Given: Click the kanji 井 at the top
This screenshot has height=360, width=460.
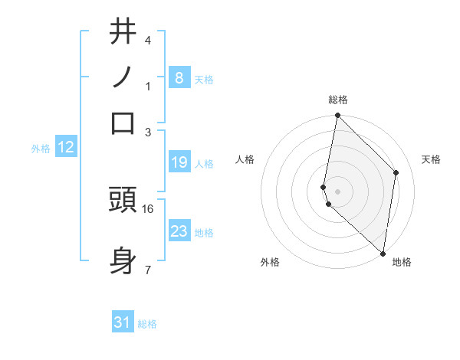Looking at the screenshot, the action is (x=123, y=32).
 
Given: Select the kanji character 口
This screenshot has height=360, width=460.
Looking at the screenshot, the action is (x=123, y=123).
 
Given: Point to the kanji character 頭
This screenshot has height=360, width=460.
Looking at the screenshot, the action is (x=123, y=200).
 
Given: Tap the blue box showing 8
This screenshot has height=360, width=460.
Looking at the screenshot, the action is (x=179, y=78).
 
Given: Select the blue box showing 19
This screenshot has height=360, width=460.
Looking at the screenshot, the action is (x=179, y=162).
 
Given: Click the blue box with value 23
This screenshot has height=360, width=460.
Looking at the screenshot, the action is (x=179, y=231).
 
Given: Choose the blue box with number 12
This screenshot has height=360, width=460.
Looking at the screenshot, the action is (x=66, y=148).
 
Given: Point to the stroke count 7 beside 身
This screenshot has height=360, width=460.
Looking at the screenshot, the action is (x=148, y=269).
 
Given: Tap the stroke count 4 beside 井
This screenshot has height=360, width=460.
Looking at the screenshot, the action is (x=148, y=41).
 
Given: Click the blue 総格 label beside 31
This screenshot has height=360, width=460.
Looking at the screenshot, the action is (x=147, y=324).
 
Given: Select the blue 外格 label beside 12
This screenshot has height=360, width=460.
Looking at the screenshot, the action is (x=40, y=149).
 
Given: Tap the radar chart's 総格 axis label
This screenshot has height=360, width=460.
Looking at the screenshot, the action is (x=338, y=100).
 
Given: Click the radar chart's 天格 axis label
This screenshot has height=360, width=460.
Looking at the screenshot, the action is (x=431, y=159).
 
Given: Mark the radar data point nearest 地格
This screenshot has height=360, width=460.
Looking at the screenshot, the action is (x=383, y=253).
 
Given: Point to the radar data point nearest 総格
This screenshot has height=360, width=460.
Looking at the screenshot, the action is (x=337, y=116).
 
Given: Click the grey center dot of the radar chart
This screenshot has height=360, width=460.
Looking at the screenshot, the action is (x=337, y=190).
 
